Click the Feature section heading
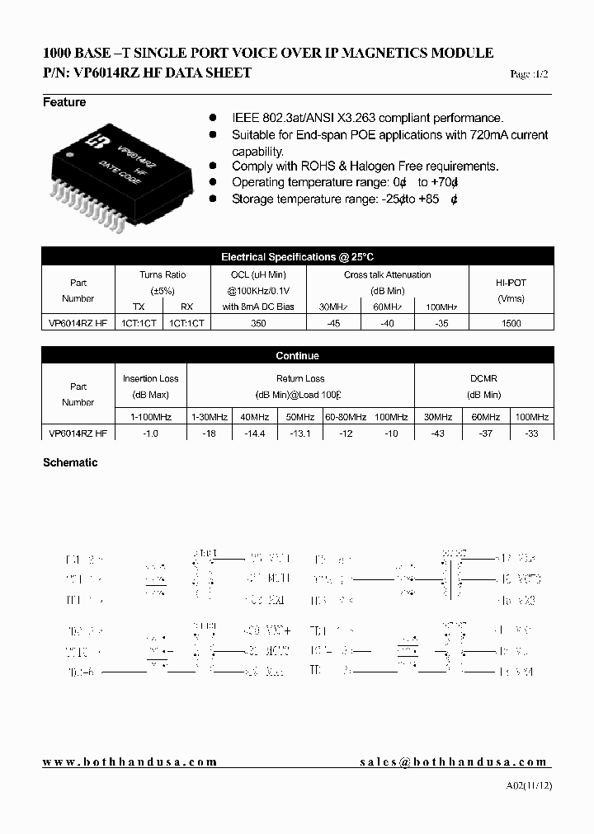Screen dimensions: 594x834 click(x=64, y=102)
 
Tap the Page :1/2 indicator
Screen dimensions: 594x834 click(x=529, y=74)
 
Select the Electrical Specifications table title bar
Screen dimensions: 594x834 click(x=297, y=257)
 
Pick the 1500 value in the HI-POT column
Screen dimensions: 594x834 click(x=511, y=324)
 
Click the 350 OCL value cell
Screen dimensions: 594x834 click(x=258, y=324)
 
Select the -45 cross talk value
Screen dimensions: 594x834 click(x=333, y=324)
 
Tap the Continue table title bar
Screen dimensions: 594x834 click(x=297, y=356)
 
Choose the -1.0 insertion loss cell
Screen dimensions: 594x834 click(x=150, y=433)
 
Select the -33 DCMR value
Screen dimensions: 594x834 click(x=531, y=433)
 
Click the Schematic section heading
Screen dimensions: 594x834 click(x=70, y=462)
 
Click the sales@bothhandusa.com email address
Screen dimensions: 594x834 click(x=454, y=762)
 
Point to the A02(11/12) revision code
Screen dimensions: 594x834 click(x=529, y=786)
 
